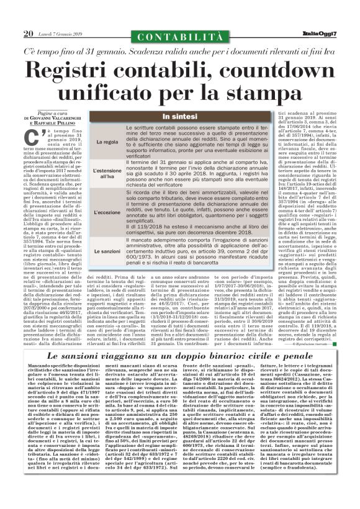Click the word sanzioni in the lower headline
pos(114,359)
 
